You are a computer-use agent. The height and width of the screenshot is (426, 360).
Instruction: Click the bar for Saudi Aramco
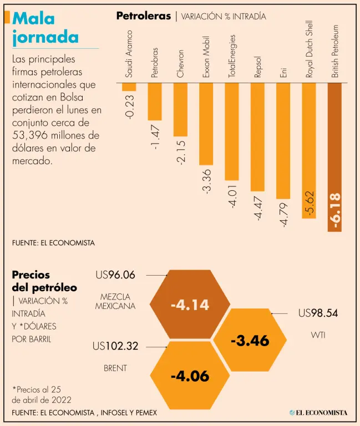point(129,87)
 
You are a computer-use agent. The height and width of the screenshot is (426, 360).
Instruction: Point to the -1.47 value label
point(155,137)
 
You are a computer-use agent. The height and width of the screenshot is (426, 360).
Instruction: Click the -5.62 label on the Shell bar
point(310,204)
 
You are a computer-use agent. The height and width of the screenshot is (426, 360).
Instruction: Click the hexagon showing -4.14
point(190,305)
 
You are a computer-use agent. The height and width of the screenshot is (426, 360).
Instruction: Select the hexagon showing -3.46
point(250,340)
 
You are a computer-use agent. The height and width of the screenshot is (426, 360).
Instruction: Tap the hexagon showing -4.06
point(190,376)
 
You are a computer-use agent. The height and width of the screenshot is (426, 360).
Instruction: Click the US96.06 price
point(115,274)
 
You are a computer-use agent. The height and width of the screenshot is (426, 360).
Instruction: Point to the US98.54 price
point(318,313)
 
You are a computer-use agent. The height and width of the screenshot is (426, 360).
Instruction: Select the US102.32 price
point(115,347)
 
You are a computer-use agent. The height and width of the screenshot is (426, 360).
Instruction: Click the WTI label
point(318,335)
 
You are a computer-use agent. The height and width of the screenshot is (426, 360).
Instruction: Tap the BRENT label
point(115,368)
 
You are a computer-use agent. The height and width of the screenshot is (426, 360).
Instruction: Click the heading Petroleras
point(143,16)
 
